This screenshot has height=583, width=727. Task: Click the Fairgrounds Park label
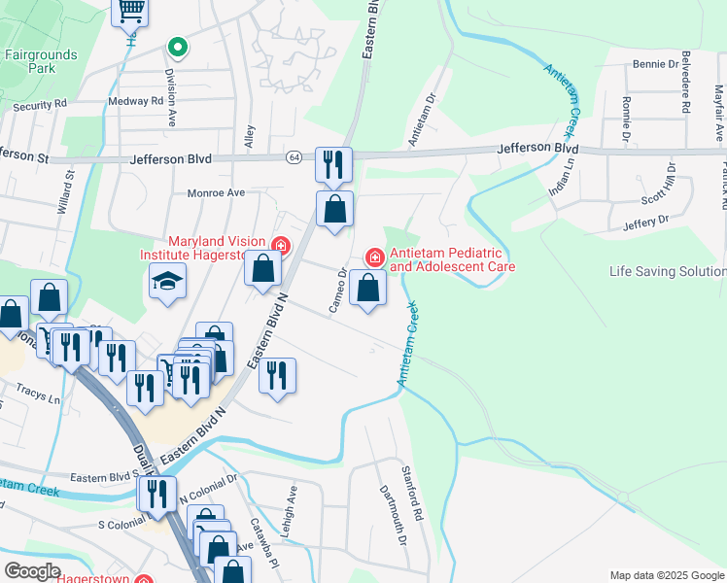pyautogui.click(x=40, y=62)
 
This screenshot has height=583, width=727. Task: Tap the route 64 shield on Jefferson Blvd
pyautogui.click(x=294, y=156)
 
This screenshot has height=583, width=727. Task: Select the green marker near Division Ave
pyautogui.click(x=177, y=46)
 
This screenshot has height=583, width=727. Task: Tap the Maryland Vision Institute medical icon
pyautogui.click(x=281, y=246)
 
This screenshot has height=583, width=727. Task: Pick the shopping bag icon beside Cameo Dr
pyautogui.click(x=367, y=287)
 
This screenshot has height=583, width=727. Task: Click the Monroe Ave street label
pyautogui.click(x=216, y=192)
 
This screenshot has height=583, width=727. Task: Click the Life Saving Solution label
pyautogui.click(x=667, y=272)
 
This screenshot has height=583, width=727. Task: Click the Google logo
pyautogui.click(x=31, y=571)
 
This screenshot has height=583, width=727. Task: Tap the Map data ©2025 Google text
pyautogui.click(x=667, y=574)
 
